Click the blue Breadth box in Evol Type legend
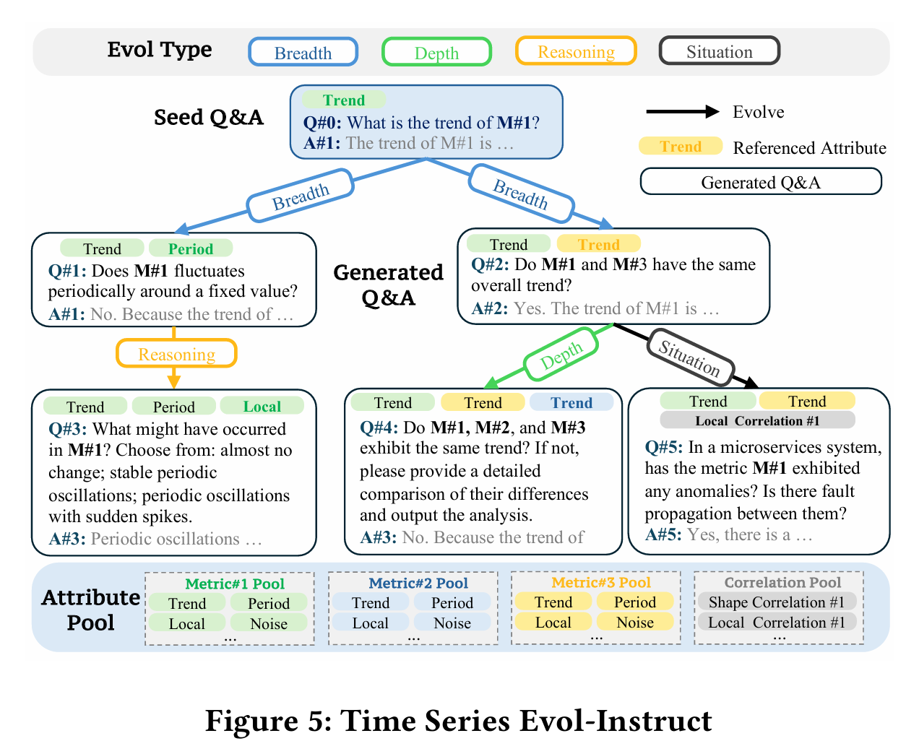[x=303, y=53]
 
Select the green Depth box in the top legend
[x=436, y=53]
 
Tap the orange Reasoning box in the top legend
[x=576, y=52]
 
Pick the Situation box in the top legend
[x=719, y=52]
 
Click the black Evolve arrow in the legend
[x=682, y=111]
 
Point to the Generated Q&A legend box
[x=760, y=182]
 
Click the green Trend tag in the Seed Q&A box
[x=343, y=100]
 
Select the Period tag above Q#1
[x=191, y=249]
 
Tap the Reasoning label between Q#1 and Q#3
[x=176, y=355]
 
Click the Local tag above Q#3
[x=262, y=407]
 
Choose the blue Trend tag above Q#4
[x=571, y=403]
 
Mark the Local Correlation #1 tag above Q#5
[x=757, y=421]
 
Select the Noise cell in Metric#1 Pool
[x=269, y=624]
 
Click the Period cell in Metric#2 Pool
[x=452, y=603]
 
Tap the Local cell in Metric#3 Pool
[x=553, y=623]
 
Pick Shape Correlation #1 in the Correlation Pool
[x=776, y=602]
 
